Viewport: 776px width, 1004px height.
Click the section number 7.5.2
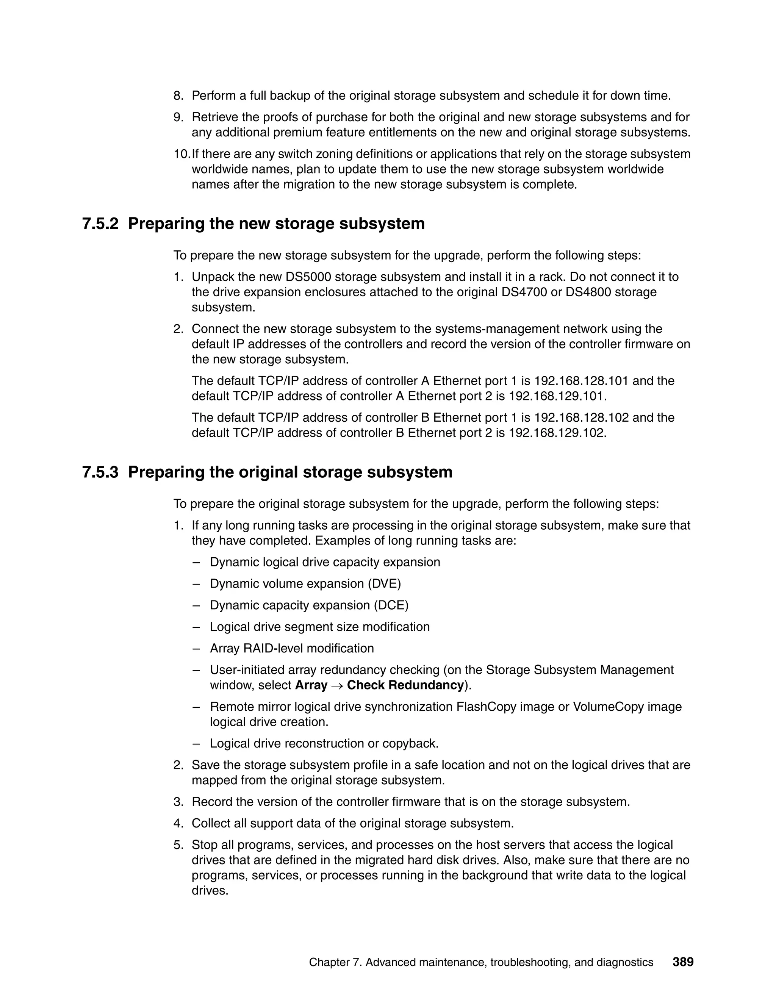pyautogui.click(x=100, y=224)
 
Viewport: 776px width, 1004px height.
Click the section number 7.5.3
pyautogui.click(x=100, y=472)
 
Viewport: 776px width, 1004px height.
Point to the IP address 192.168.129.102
pyautogui.click(x=557, y=433)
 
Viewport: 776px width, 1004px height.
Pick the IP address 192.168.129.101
pyautogui.click(x=557, y=396)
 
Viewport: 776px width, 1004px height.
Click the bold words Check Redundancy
pyautogui.click(x=405, y=685)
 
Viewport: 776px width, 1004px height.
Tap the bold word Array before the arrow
pyautogui.click(x=311, y=685)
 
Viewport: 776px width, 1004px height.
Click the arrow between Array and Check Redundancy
pyautogui.click(x=337, y=686)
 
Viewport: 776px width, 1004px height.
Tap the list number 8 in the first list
pyautogui.click(x=178, y=95)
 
